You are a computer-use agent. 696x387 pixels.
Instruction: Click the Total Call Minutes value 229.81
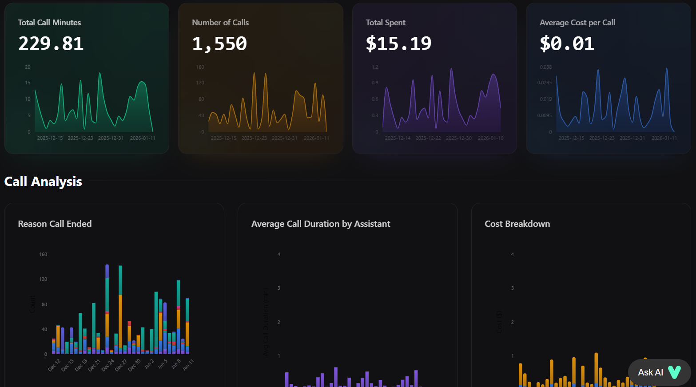pos(51,43)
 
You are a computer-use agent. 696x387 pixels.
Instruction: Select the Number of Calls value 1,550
pos(219,43)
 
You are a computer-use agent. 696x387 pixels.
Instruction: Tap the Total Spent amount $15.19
pos(398,43)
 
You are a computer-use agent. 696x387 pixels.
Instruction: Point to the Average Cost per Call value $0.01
pos(567,43)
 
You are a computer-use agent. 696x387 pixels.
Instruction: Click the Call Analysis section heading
pos(43,182)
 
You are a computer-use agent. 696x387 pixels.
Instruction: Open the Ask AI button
pos(659,372)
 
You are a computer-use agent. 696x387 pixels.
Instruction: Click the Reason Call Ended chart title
pos(55,224)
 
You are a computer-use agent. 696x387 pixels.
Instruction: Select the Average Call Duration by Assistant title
pos(321,224)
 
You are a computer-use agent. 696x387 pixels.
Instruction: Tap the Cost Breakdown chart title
pos(517,224)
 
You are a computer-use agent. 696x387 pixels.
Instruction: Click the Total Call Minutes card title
pos(49,23)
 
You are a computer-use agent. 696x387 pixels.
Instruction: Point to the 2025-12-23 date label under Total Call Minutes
pos(80,138)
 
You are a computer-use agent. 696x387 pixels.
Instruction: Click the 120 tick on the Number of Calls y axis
pos(200,83)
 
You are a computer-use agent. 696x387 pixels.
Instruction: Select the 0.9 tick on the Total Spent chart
pos(375,83)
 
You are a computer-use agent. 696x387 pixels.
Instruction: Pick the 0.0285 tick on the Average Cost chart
pos(545,83)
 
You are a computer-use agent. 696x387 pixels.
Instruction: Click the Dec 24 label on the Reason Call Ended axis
pos(108,365)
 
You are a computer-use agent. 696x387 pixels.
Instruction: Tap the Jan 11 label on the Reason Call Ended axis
pos(188,364)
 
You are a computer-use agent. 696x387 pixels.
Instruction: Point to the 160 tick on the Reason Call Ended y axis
pos(43,254)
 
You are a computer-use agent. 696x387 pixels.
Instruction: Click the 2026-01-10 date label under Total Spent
pos(490,138)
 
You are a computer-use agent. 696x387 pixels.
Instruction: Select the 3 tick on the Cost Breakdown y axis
pos(512,288)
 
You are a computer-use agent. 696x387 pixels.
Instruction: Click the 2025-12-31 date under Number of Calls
pos(284,138)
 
